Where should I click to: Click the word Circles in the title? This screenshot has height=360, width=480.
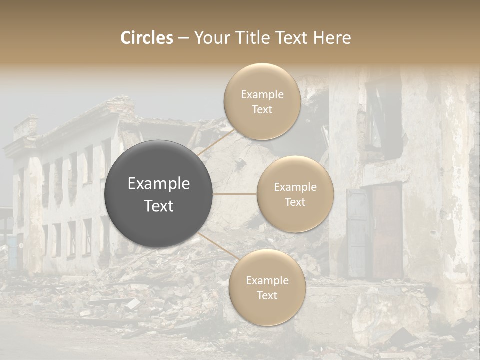tap(146, 38)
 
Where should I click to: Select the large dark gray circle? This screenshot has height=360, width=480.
tap(158, 194)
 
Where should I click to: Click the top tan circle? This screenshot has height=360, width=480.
tap(262, 101)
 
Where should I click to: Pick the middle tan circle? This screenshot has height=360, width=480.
tap(295, 194)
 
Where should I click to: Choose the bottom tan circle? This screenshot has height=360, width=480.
tap(267, 287)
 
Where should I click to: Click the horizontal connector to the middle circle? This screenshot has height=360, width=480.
tap(235, 194)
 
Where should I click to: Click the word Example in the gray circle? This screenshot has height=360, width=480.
tap(158, 184)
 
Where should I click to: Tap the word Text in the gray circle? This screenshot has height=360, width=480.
tap(158, 206)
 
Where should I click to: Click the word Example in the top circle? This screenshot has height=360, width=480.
tap(262, 94)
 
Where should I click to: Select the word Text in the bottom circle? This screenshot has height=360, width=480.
tap(267, 295)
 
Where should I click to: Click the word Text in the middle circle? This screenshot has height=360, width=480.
tap(295, 202)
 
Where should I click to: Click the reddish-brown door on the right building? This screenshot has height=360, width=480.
tap(387, 230)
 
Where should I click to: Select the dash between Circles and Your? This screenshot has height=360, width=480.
tap(183, 38)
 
